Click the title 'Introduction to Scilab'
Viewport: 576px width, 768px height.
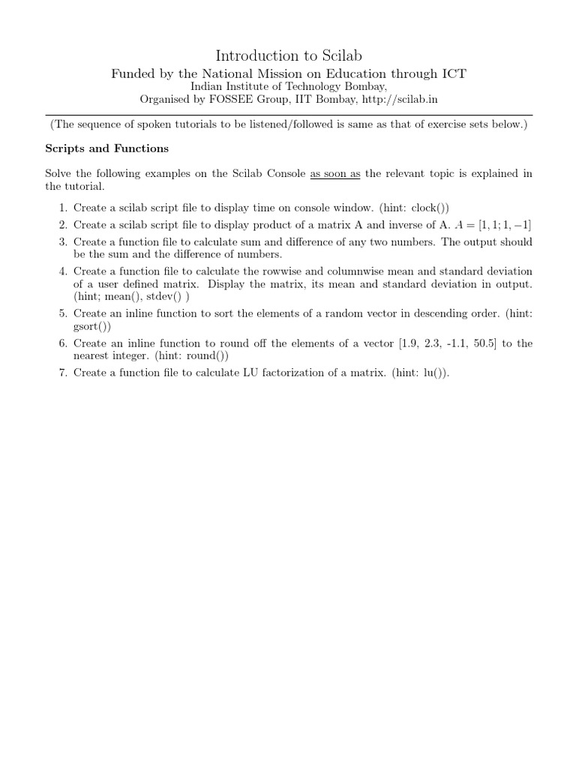[288, 55]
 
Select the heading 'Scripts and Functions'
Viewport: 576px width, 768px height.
[107, 148]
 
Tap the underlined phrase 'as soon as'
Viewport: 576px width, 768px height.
[335, 173]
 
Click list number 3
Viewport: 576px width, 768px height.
[62, 241]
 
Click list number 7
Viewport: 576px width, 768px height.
[62, 373]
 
